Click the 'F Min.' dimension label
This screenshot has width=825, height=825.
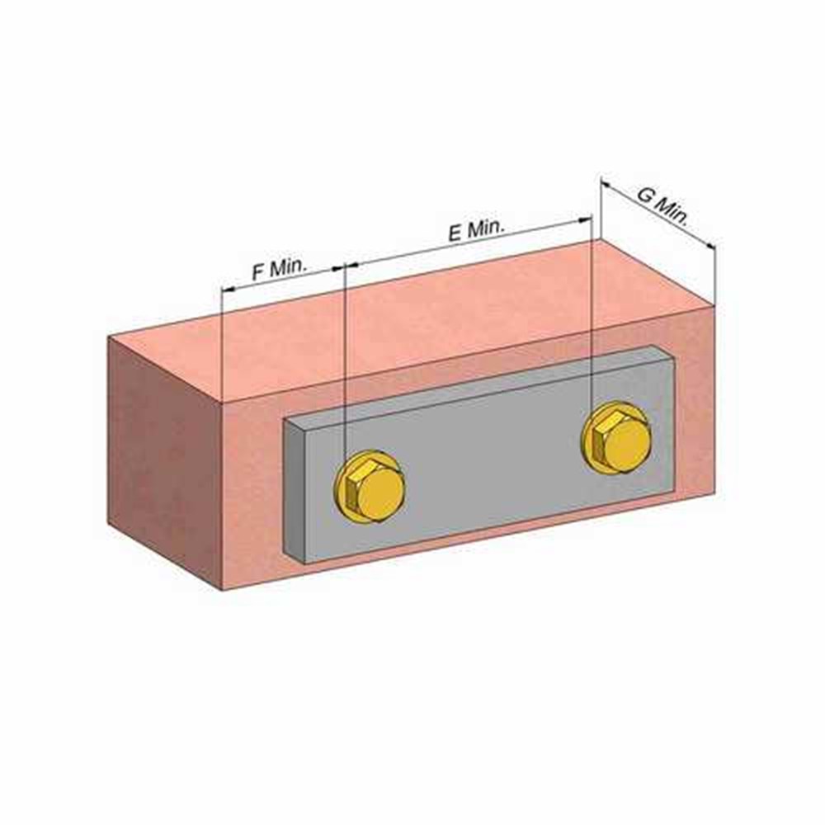coord(279,270)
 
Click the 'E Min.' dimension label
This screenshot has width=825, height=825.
coord(476,231)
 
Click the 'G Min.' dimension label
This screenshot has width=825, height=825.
coord(662,205)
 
